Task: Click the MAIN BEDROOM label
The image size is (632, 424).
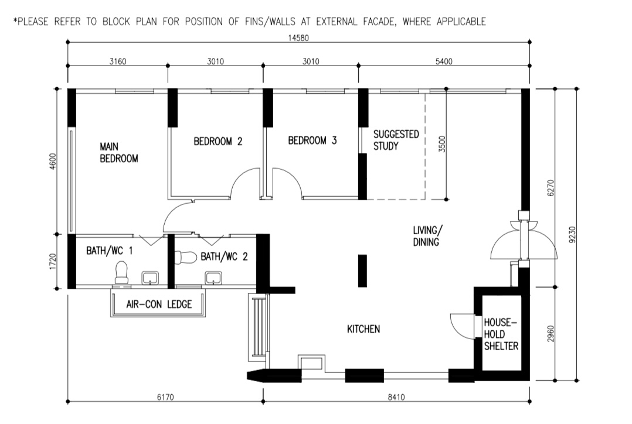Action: (119, 152)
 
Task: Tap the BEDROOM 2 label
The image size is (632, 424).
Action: (218, 141)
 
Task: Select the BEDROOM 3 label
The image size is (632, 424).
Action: (312, 141)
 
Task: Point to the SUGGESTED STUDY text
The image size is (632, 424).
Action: (396, 140)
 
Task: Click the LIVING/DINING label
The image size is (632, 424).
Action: (427, 236)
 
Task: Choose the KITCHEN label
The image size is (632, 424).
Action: (363, 329)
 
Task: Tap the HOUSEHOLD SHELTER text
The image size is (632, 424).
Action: (501, 334)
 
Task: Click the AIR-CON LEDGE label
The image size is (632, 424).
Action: (159, 304)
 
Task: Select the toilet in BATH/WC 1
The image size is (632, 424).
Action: (121, 272)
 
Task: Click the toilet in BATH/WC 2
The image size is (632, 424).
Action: (186, 257)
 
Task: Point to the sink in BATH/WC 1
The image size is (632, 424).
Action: (150, 278)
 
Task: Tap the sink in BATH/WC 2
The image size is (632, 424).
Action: (213, 278)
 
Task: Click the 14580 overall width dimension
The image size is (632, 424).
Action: (298, 38)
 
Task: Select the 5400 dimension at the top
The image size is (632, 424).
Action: (444, 61)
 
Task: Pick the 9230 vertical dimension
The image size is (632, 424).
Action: (573, 234)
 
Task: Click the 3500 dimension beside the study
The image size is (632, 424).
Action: (442, 143)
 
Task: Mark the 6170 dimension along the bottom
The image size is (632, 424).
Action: (165, 397)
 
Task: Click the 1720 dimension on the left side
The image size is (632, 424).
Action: (53, 261)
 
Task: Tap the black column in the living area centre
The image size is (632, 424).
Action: (362, 271)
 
